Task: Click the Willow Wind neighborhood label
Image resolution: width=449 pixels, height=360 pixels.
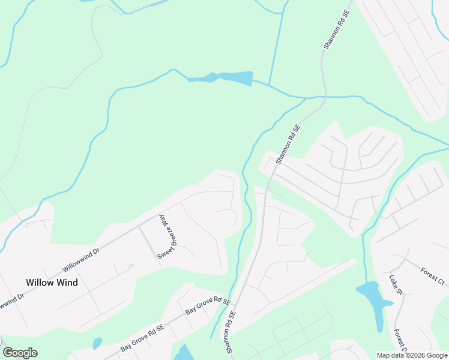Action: pyautogui.click(x=52, y=282)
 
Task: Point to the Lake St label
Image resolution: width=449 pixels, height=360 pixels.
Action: pyautogui.click(x=396, y=287)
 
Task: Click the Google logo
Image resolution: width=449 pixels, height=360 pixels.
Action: pyautogui.click(x=20, y=352)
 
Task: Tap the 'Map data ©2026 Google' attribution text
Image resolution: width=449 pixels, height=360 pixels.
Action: pyautogui.click(x=412, y=355)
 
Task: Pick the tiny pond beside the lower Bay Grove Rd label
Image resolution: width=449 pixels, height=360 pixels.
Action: pyautogui.click(x=97, y=343)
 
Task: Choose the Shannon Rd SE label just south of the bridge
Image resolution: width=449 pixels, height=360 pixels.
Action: pyautogui.click(x=288, y=145)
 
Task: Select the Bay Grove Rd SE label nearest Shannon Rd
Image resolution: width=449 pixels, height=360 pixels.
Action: pyautogui.click(x=208, y=305)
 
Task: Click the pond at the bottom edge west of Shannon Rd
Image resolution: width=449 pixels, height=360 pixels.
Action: pyautogui.click(x=185, y=353)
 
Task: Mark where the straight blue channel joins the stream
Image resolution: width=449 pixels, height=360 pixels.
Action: pyautogui.click(x=268, y=85)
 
